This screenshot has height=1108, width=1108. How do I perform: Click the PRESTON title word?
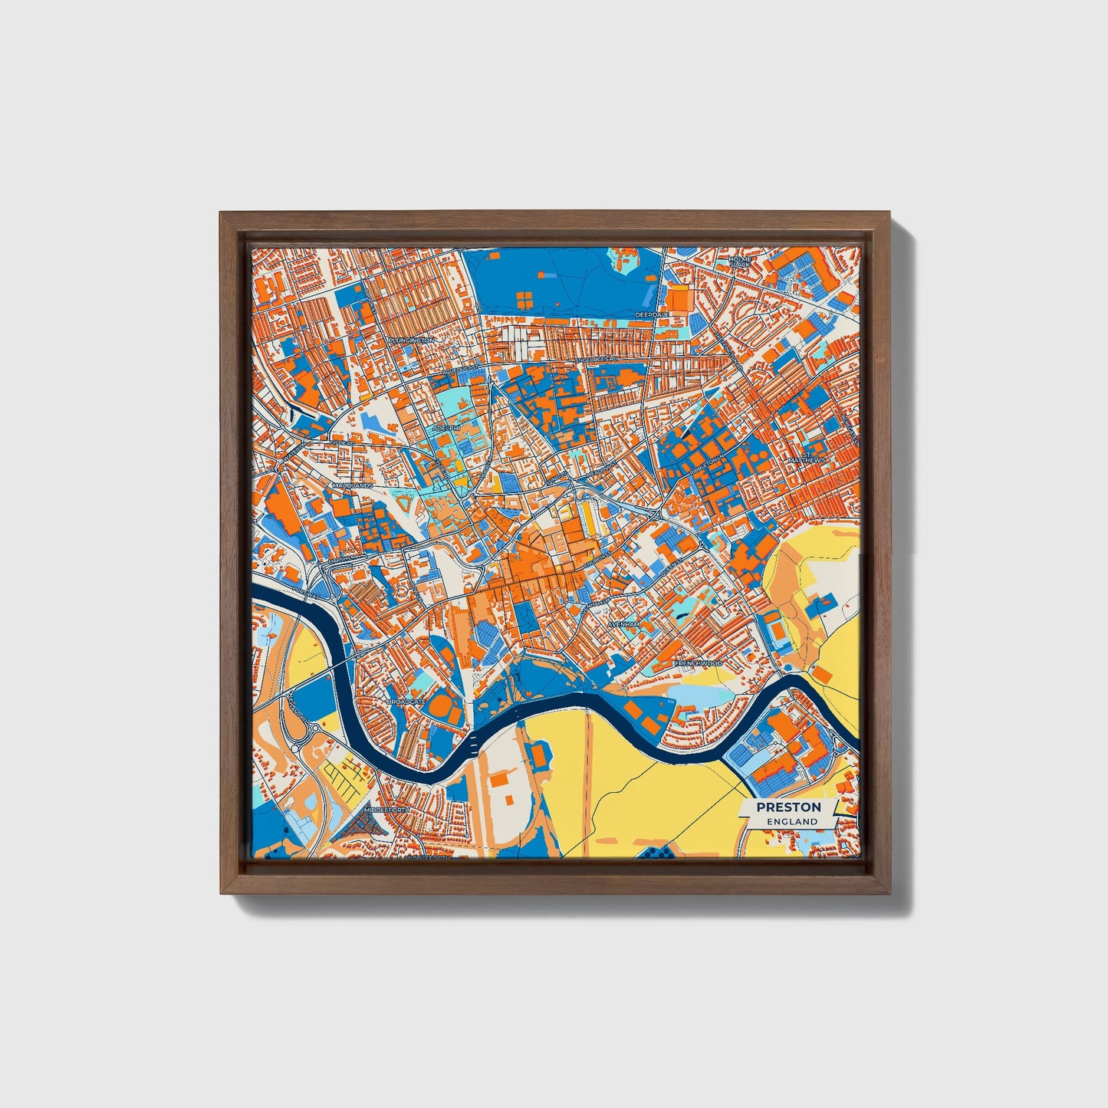coord(788,807)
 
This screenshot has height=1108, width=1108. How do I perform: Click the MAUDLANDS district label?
coord(352,486)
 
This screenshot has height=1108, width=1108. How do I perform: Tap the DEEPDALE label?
coord(653,314)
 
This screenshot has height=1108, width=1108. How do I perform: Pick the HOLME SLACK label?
coord(741,261)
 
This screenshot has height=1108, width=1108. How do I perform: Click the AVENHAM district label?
coord(623,625)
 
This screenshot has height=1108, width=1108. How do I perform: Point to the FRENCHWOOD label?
coord(698,662)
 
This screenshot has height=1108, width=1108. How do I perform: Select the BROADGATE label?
coord(406,702)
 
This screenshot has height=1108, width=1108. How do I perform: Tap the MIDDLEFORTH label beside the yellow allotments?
coord(387,810)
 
